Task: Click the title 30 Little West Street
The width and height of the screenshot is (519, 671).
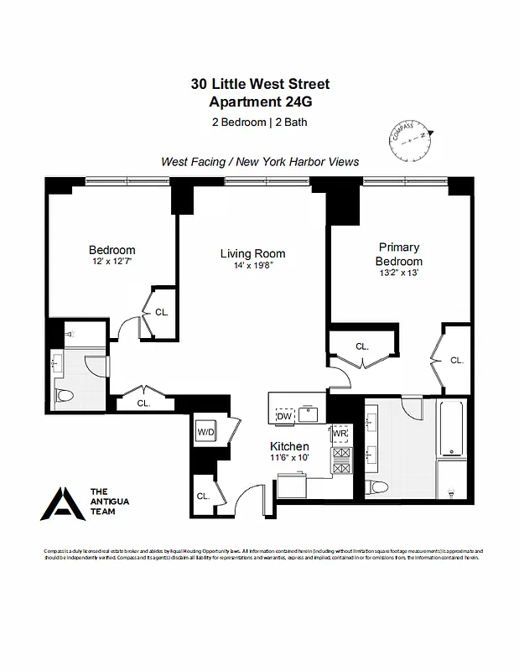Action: pos(260,84)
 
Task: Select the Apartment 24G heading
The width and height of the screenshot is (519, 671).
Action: pos(260,102)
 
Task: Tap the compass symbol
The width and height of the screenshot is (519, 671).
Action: pos(411,143)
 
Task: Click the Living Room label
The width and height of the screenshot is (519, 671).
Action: pos(252,253)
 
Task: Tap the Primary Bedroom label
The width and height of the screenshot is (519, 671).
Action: pos(398,254)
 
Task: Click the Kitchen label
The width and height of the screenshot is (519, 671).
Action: pos(288,446)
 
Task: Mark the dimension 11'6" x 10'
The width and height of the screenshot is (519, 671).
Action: pos(288,459)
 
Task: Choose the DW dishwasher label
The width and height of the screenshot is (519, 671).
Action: pos(284,415)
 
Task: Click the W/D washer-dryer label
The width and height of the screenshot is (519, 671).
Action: pos(205,433)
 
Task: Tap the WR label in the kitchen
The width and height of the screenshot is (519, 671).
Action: pos(340,434)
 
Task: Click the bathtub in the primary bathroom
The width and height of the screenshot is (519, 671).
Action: pos(451,436)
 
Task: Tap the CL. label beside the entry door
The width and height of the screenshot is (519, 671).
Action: pos(203,496)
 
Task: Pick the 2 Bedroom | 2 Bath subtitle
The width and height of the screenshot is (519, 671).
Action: pos(260,122)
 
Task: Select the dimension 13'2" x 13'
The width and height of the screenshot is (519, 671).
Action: pos(398,273)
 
